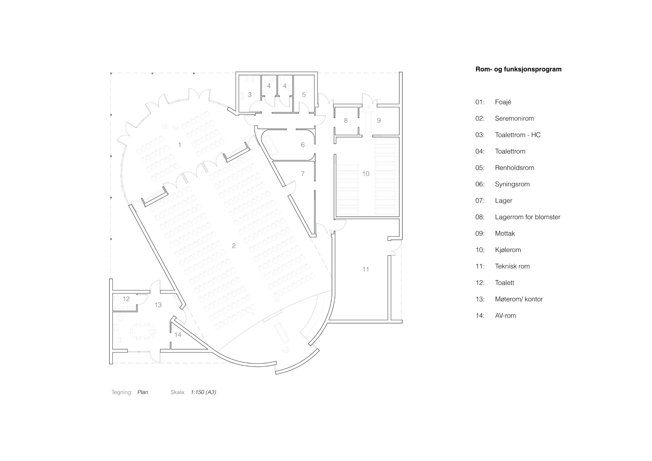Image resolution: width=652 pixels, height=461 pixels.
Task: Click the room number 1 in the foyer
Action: pyautogui.click(x=180, y=145)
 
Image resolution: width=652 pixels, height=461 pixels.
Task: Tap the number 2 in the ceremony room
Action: pyautogui.click(x=234, y=246)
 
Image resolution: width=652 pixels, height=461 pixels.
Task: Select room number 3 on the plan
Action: pyautogui.click(x=250, y=95)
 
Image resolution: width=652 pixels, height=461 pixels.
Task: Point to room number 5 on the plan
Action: pyautogui.click(x=304, y=95)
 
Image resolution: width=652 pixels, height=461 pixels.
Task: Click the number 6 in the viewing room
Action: pyautogui.click(x=303, y=145)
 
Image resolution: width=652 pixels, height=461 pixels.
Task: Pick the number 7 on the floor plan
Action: pyautogui.click(x=303, y=174)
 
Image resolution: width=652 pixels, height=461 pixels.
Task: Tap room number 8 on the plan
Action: pyautogui.click(x=346, y=121)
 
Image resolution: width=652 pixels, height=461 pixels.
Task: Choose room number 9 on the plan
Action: pyautogui.click(x=379, y=121)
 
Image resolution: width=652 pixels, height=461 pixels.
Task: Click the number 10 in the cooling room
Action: pyautogui.click(x=366, y=174)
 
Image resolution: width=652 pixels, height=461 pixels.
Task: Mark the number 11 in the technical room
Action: pyautogui.click(x=366, y=269)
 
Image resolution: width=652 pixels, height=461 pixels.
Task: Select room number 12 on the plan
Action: pyautogui.click(x=126, y=299)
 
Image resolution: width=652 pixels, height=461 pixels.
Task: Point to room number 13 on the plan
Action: pyautogui.click(x=158, y=305)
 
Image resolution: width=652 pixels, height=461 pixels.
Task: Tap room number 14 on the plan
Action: pyautogui.click(x=178, y=335)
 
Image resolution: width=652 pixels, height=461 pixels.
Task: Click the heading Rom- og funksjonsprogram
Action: pyautogui.click(x=518, y=69)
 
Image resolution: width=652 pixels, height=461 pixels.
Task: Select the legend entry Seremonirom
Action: pyautogui.click(x=514, y=119)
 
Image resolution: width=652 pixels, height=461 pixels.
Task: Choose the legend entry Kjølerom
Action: pyautogui.click(x=508, y=250)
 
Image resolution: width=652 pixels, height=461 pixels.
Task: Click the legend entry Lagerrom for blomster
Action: pyautogui.click(x=527, y=217)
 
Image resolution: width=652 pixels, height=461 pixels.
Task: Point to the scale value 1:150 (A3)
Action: pyautogui.click(x=203, y=392)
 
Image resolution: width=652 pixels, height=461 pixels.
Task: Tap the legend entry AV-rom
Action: pyautogui.click(x=506, y=316)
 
